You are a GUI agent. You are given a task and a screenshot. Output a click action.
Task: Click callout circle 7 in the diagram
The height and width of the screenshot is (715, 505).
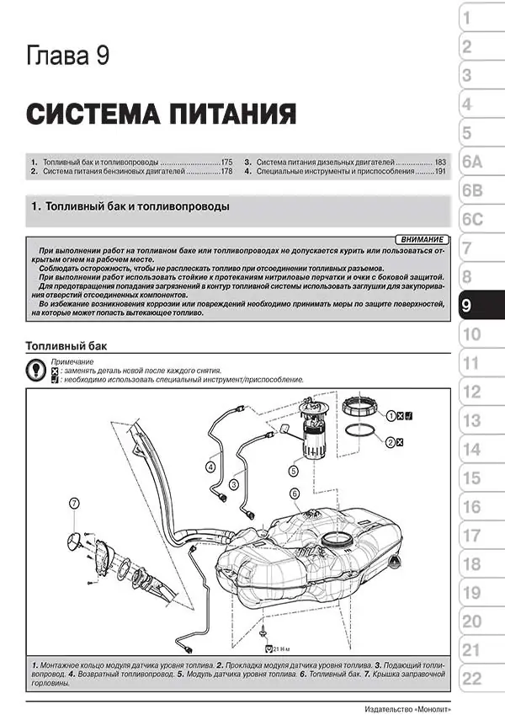point(74,504)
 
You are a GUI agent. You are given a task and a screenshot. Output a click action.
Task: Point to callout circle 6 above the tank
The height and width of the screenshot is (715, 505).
point(295,493)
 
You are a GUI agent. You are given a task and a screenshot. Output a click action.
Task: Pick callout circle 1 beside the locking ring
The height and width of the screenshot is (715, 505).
point(391,415)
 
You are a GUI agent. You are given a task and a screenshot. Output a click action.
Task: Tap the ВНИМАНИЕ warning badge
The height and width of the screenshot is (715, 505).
point(419,241)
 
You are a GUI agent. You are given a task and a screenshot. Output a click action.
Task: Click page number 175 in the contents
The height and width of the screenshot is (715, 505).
point(226,161)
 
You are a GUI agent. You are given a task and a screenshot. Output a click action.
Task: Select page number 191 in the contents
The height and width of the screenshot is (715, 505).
point(441,170)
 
